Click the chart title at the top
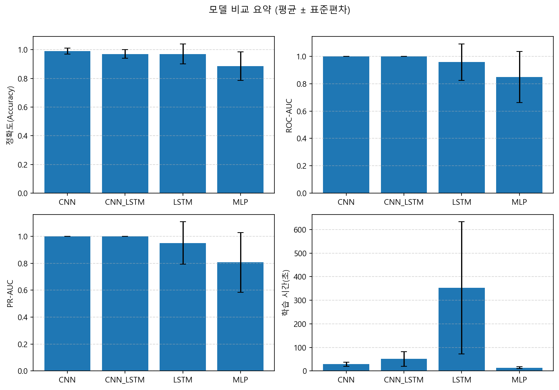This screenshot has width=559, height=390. (x=279, y=10)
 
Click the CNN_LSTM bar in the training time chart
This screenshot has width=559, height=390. (x=404, y=365)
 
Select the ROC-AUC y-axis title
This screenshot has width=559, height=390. (x=289, y=115)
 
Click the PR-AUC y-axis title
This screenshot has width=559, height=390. (x=10, y=293)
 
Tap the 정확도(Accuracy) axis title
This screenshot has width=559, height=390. (x=10, y=115)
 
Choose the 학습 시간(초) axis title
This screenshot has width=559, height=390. (x=286, y=293)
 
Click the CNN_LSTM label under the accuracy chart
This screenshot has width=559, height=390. (x=125, y=202)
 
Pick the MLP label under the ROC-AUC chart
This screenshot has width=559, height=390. (x=519, y=202)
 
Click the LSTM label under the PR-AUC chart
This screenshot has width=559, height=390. (x=183, y=380)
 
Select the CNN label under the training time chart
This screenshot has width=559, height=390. (x=346, y=380)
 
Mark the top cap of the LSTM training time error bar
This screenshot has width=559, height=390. (x=462, y=222)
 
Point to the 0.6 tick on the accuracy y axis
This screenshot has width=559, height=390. (x=23, y=107)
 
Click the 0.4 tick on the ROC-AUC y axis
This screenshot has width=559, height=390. (x=302, y=138)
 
